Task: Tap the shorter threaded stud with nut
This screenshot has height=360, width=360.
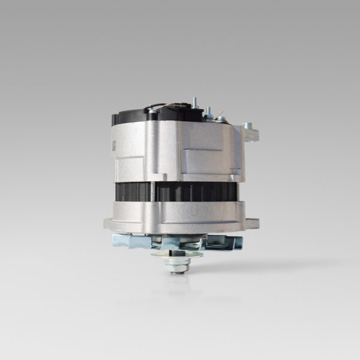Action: pos(209,112)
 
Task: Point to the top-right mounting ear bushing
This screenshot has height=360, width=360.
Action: pos(247,127)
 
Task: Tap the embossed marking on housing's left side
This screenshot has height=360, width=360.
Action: pos(113,146)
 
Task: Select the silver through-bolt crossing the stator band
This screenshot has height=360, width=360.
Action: pos(153,192)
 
